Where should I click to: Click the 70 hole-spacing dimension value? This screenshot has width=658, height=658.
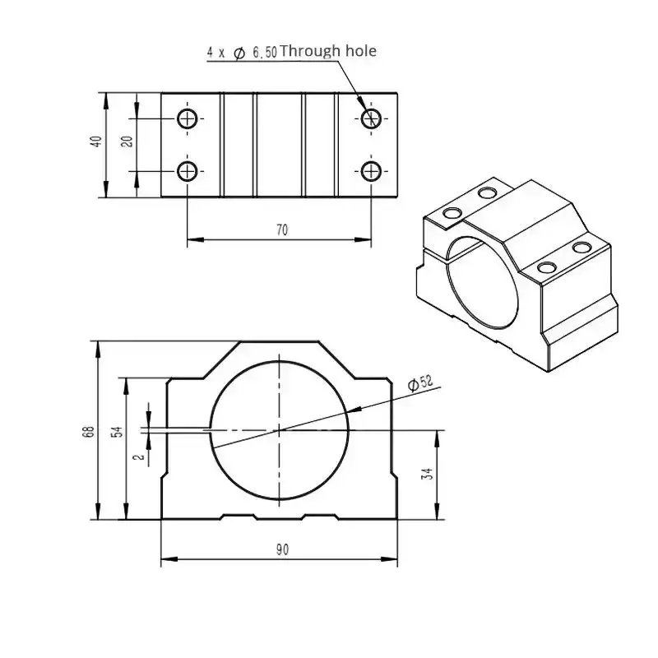282,230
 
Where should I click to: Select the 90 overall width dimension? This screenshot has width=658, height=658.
282,549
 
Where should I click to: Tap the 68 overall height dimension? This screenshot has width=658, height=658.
89,432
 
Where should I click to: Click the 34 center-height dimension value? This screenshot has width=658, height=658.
427,475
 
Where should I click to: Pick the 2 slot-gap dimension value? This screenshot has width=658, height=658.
140,456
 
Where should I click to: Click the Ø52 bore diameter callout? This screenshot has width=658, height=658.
420,383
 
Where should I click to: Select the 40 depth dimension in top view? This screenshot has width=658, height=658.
96,141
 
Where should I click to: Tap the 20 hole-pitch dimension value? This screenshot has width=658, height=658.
127,141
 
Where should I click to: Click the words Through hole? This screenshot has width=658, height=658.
327,51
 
